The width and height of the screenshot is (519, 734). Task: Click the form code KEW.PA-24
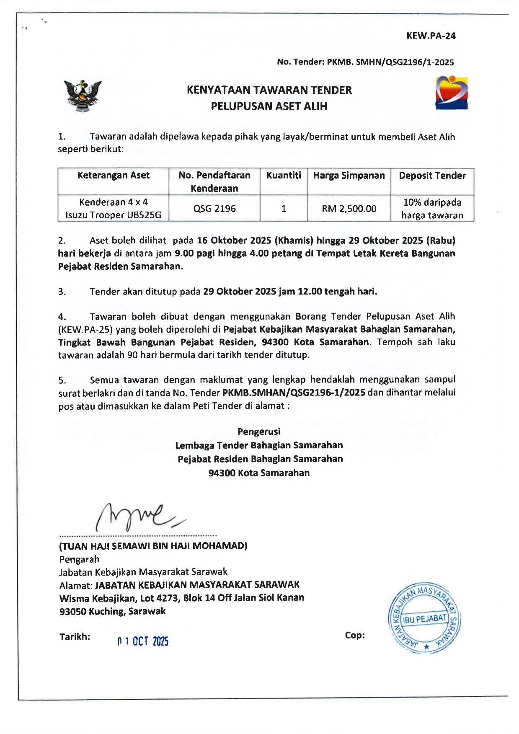(x=431, y=36)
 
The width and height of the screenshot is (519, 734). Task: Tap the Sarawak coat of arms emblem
(x=83, y=96)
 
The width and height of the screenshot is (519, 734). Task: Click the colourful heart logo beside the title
(x=451, y=93)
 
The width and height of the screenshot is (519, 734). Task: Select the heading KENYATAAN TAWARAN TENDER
(x=269, y=90)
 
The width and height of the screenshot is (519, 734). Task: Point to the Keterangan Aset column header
(x=113, y=176)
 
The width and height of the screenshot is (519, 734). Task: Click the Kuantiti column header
(x=284, y=176)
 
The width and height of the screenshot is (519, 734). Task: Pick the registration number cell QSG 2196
(x=214, y=208)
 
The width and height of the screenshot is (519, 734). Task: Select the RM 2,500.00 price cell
(x=349, y=208)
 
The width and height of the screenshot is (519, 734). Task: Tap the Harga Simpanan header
(x=349, y=176)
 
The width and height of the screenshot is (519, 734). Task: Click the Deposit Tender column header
(x=432, y=176)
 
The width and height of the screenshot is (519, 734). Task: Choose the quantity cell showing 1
(x=284, y=208)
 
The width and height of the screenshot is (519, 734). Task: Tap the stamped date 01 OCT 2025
(x=143, y=641)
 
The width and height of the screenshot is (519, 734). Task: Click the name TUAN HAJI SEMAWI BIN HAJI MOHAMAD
(x=153, y=546)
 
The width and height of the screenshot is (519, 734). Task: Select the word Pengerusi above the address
(x=259, y=432)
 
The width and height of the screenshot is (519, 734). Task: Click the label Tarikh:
(x=75, y=637)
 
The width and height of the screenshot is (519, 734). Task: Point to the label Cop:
(x=355, y=635)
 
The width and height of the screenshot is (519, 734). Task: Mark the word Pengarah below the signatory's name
(x=80, y=559)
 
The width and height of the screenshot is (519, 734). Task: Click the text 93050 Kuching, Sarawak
(x=113, y=611)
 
